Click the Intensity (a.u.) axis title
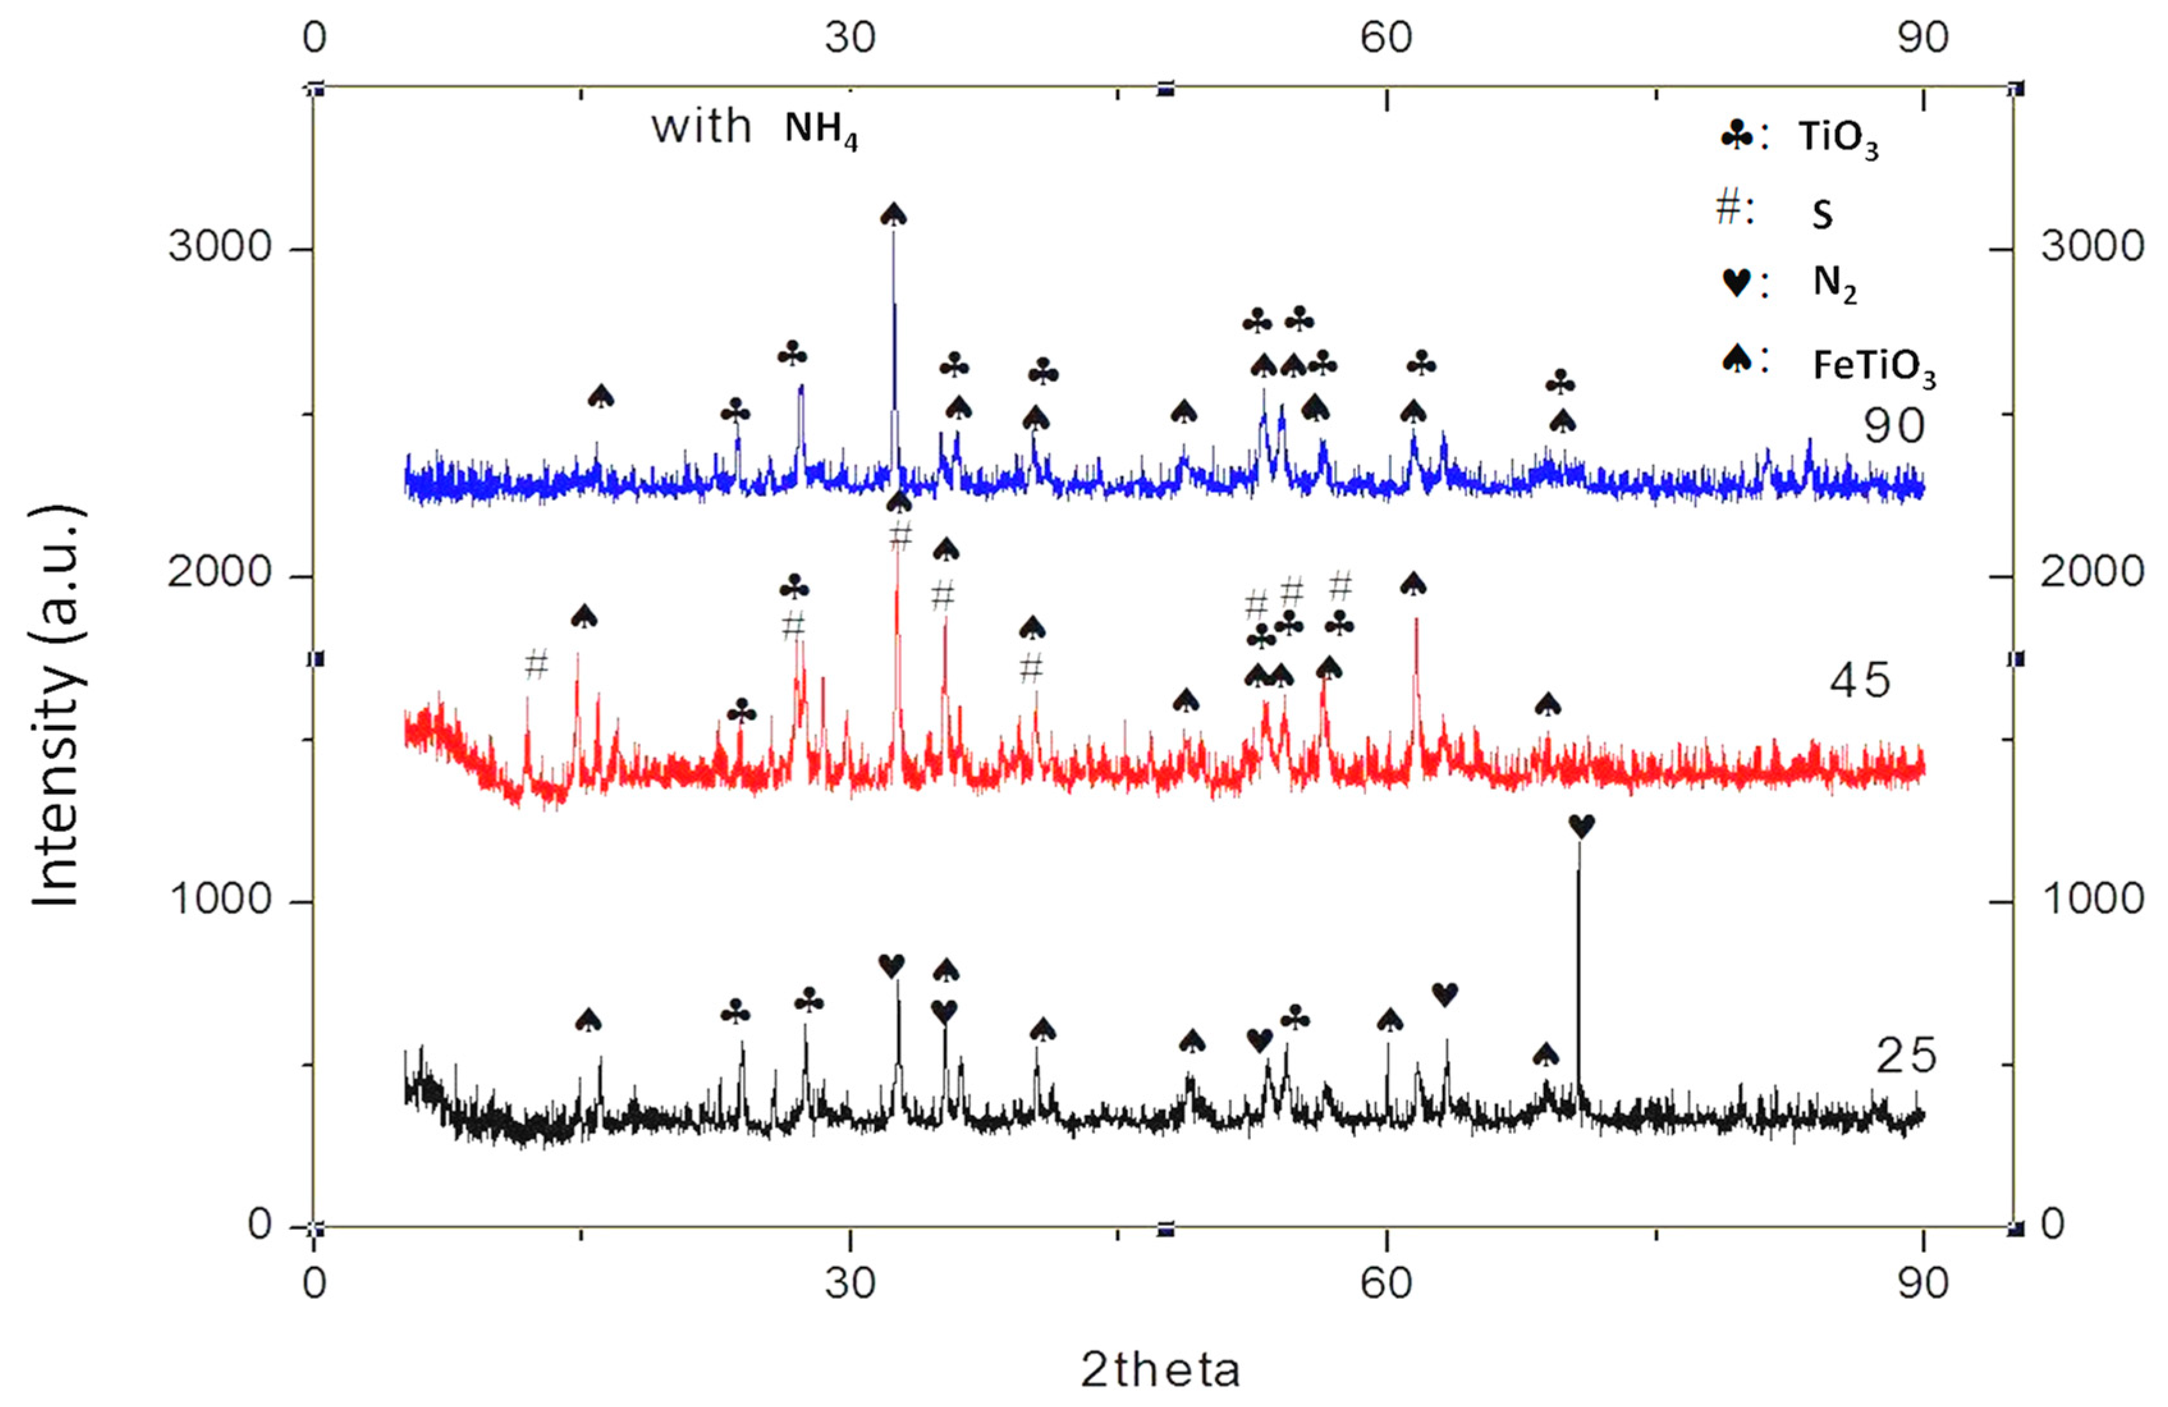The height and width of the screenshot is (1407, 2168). [56, 706]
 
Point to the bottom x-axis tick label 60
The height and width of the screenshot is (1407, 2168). [1385, 1283]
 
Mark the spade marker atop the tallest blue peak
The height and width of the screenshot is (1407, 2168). [893, 215]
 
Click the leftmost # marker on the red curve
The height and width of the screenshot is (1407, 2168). [537, 666]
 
